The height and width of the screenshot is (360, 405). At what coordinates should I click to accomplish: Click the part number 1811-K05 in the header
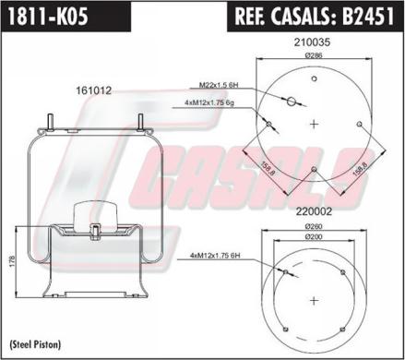48,16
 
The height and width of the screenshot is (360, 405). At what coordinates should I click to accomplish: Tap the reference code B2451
368,16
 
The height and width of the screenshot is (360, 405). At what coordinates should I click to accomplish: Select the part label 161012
93,90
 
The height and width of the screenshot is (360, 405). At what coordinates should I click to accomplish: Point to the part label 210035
312,42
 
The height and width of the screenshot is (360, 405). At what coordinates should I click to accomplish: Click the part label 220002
314,211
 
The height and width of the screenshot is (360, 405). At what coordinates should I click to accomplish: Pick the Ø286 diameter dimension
314,55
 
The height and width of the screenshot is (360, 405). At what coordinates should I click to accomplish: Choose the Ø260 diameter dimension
314,227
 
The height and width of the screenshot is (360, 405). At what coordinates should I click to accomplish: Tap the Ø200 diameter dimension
314,237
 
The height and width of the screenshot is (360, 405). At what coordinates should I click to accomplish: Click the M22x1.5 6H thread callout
219,85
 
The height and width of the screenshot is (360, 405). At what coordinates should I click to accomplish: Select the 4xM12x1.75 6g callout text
209,103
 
